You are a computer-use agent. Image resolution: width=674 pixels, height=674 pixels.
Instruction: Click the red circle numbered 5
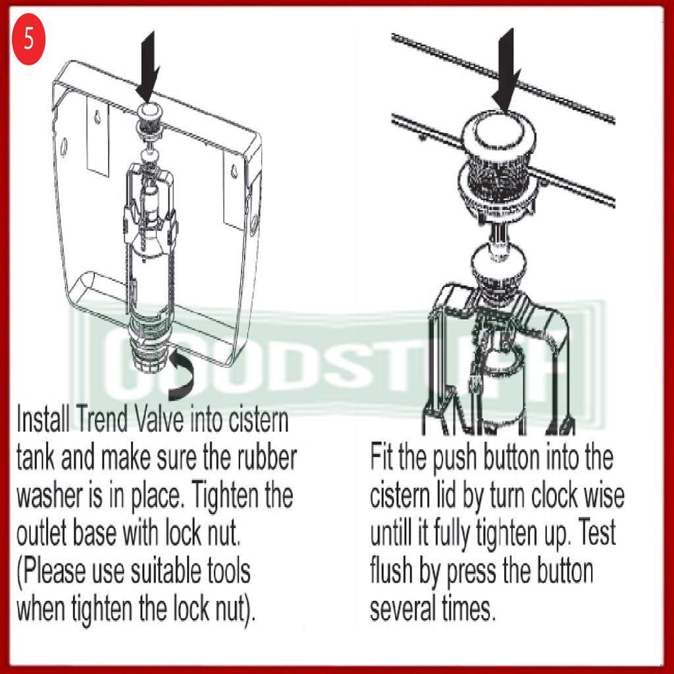(28, 39)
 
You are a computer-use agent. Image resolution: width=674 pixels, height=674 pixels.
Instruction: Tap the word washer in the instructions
(50, 495)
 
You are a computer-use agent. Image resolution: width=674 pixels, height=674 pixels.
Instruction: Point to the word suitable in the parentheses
(166, 571)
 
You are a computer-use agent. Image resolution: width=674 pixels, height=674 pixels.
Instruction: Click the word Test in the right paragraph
(596, 533)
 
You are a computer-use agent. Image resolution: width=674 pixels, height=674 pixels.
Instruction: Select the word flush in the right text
(391, 571)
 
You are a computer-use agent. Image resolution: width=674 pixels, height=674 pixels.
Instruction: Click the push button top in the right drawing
(499, 131)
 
